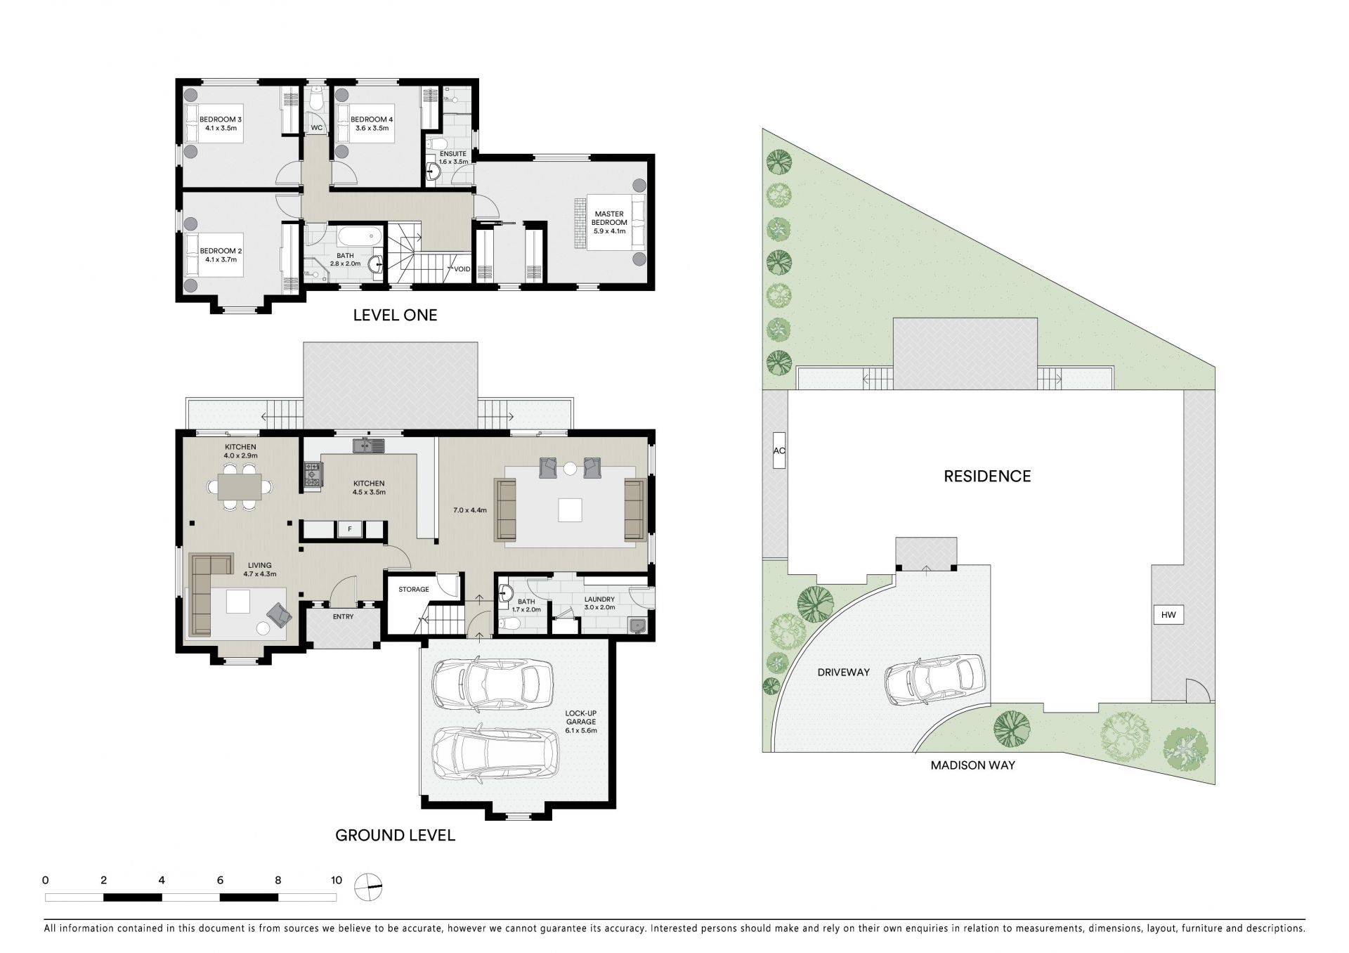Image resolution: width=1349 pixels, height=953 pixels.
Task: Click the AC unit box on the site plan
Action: (x=778, y=450)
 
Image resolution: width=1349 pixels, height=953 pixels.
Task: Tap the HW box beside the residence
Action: (x=1168, y=615)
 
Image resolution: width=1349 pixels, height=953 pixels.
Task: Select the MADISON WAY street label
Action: (x=972, y=765)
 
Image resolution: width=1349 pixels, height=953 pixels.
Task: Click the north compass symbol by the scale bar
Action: (x=369, y=886)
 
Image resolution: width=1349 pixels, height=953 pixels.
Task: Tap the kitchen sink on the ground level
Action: (x=369, y=445)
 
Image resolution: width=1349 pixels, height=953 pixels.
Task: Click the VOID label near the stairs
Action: (x=462, y=269)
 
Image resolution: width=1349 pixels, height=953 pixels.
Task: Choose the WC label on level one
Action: (x=317, y=128)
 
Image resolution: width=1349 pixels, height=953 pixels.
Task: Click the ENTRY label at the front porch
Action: (x=344, y=616)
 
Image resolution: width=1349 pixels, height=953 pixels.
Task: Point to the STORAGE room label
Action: (x=413, y=589)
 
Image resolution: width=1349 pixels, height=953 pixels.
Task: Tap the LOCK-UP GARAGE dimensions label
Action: (x=581, y=721)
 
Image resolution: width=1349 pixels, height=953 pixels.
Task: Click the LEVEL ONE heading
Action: (x=395, y=315)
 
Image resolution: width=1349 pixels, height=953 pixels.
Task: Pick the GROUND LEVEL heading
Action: (x=395, y=835)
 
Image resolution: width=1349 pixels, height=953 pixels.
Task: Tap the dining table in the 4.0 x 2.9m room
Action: (x=240, y=486)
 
